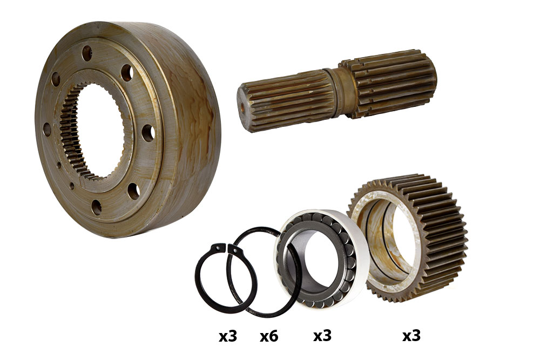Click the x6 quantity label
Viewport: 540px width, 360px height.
click(x=268, y=336)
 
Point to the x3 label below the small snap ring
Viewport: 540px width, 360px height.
click(x=228, y=336)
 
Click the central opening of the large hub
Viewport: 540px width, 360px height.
click(x=100, y=131)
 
